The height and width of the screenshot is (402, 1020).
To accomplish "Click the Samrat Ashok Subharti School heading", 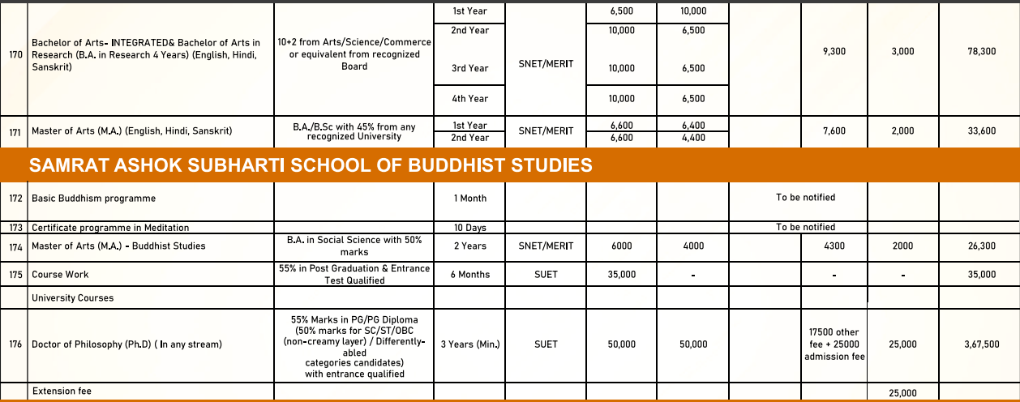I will pos(311,166).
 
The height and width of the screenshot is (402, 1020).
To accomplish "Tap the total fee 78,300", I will pos(982,51).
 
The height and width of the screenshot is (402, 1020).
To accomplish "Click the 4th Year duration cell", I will pos(470,99).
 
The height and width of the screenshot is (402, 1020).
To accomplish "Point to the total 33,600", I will pos(982,131).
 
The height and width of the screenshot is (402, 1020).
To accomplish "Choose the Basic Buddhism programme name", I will pos(93,198).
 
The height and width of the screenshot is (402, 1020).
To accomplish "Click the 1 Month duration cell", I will pos(470,198).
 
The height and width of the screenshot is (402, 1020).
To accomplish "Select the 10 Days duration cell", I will pos(470,228).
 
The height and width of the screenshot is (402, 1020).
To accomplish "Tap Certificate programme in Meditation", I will pos(110,228).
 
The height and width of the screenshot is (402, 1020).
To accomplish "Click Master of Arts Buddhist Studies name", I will pos(118,246).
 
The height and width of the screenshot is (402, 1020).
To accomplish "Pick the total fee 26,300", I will pos(982,246).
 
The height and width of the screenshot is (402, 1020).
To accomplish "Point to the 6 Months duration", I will pos(470,275).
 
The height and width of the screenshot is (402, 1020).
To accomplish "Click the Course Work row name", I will pos(60,275).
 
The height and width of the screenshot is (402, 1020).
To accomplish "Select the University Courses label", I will pos(72,297).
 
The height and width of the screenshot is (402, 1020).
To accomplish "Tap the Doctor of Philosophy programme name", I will pos(126,344).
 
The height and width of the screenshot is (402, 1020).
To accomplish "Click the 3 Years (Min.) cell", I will pos(470,344).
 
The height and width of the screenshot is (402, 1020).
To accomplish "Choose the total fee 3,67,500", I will pos(982,344).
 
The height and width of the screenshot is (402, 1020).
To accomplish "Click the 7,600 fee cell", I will pos(834,131).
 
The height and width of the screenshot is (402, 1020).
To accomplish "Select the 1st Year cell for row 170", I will pos(470,11).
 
